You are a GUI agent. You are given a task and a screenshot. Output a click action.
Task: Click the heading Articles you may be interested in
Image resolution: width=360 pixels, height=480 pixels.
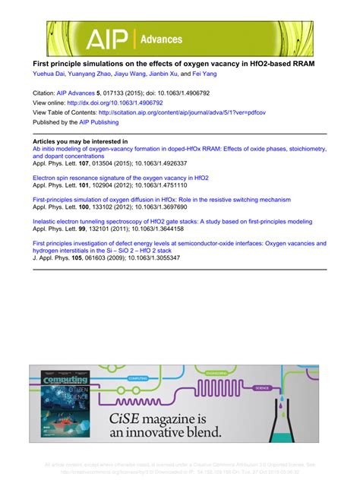(81, 141)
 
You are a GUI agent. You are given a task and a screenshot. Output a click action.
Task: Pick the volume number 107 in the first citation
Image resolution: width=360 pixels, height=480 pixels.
(84, 163)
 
